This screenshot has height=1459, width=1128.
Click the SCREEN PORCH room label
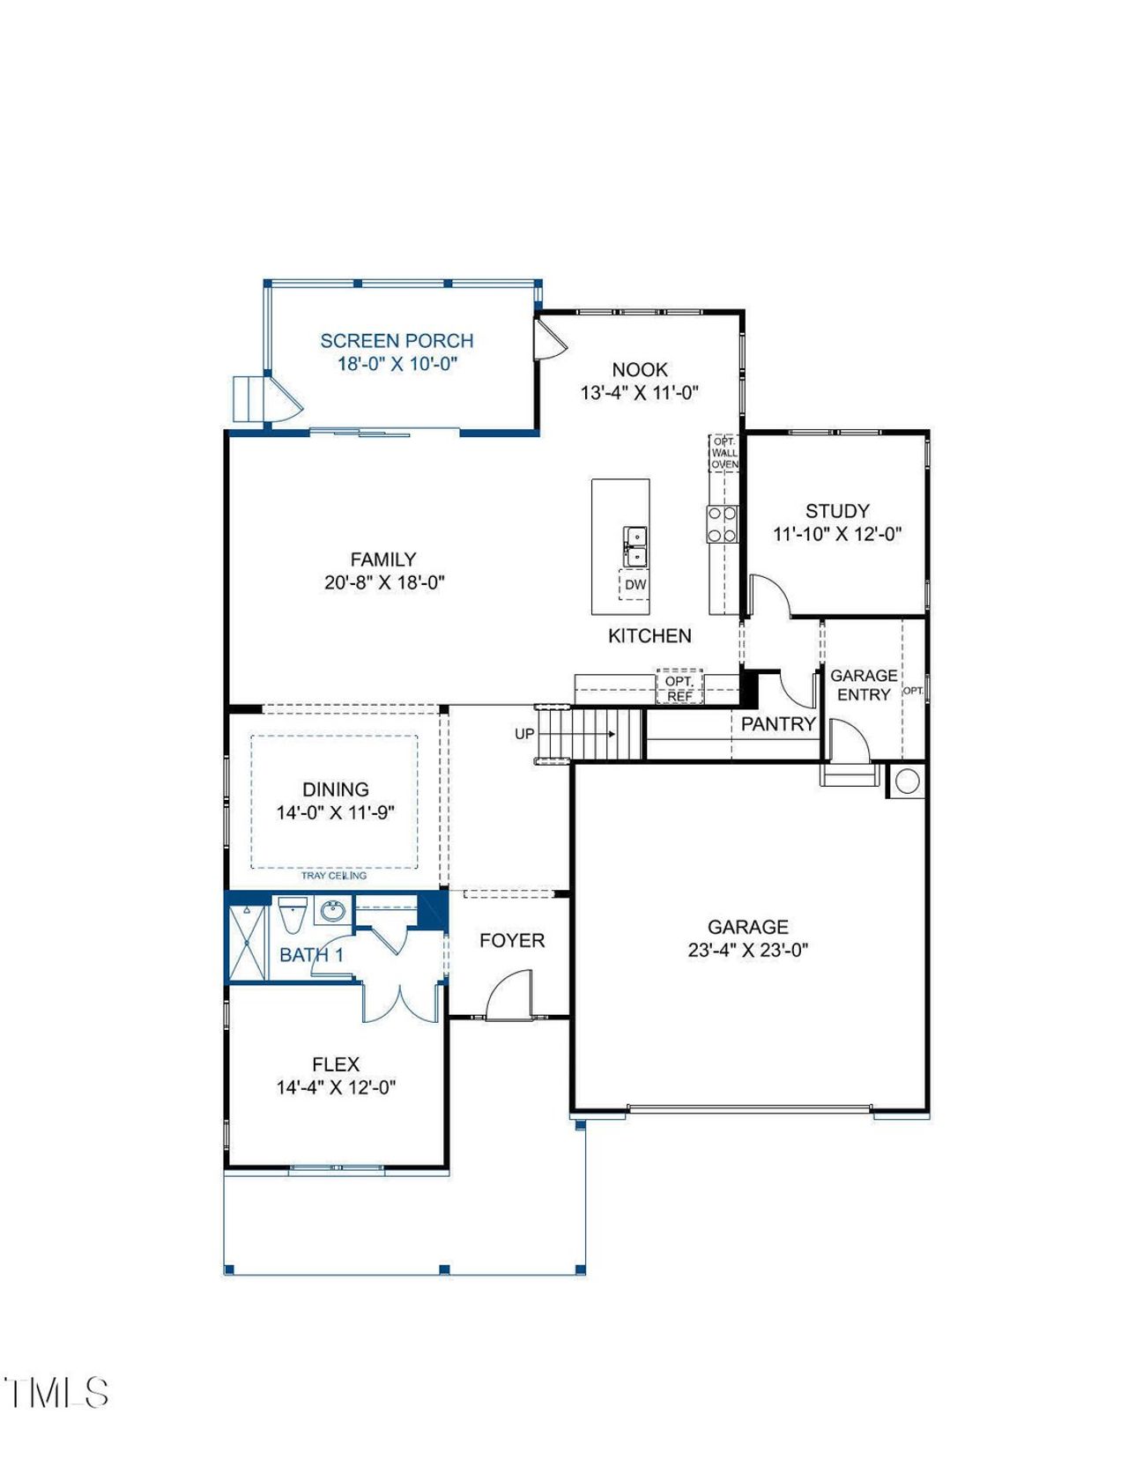click(x=397, y=341)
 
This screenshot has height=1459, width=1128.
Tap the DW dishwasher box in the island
click(x=634, y=585)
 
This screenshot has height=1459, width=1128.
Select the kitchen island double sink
click(x=634, y=546)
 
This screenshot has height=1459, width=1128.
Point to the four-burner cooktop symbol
click(x=723, y=523)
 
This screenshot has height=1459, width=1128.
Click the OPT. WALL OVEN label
click(x=724, y=453)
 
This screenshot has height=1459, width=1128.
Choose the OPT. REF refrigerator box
click(x=679, y=689)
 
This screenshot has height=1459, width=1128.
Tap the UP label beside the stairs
click(x=524, y=734)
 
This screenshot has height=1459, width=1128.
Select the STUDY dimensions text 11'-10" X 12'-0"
click(x=837, y=534)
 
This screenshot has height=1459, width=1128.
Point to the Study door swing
click(x=769, y=594)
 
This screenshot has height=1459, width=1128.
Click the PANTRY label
click(x=777, y=724)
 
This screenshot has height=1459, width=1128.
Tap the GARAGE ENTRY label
click(x=864, y=685)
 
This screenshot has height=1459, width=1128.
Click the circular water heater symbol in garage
click(x=907, y=781)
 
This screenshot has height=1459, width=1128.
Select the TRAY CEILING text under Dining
click(x=334, y=876)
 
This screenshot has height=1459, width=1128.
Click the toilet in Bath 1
click(x=292, y=915)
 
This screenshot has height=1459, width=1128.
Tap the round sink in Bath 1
click(x=332, y=911)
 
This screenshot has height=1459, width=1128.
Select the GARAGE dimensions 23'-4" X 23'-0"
click(x=747, y=951)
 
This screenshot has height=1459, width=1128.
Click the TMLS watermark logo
click(x=56, y=1393)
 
